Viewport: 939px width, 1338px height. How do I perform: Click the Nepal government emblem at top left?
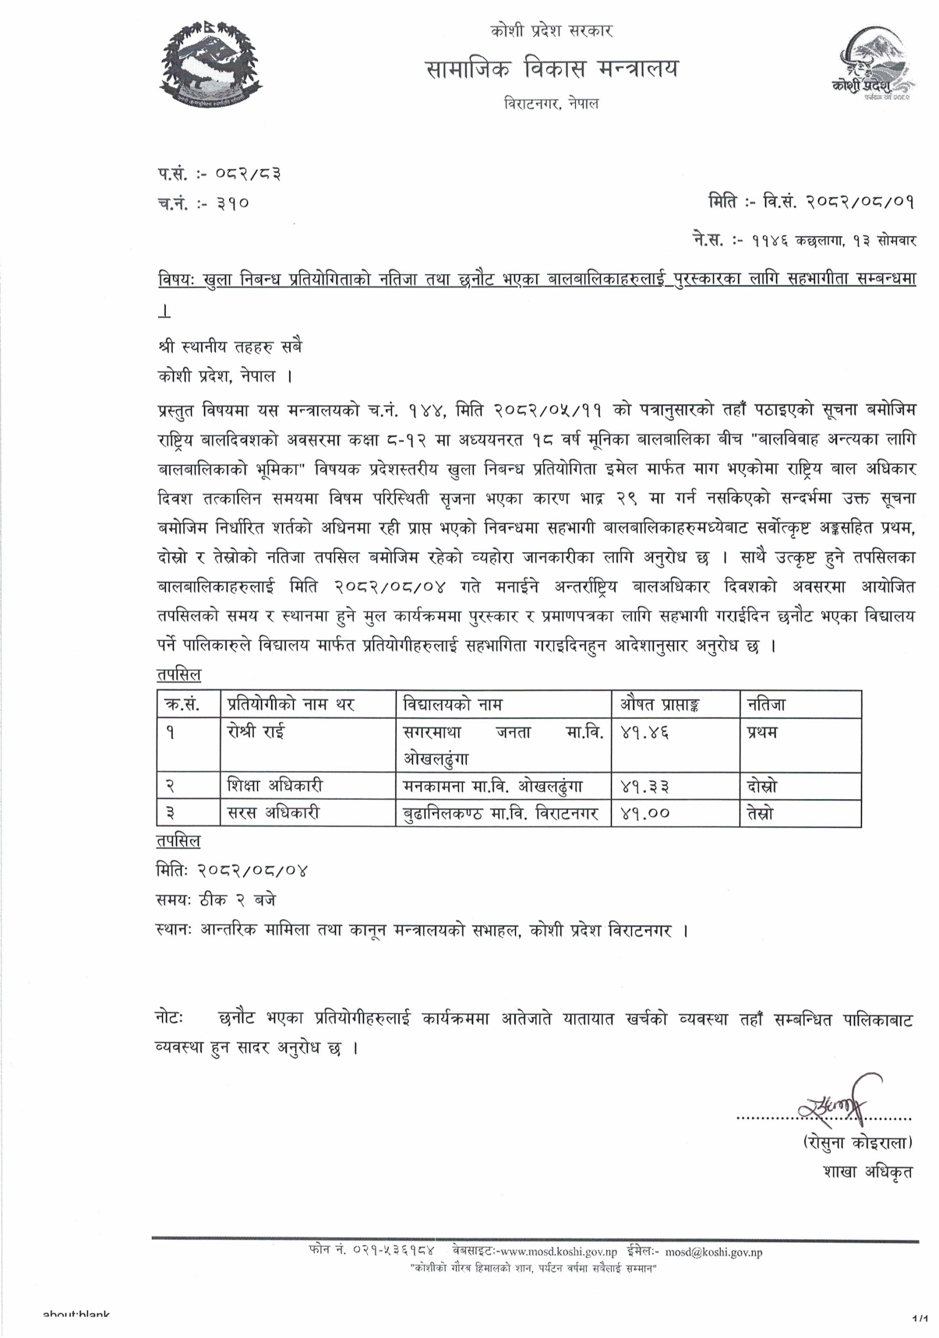(212, 65)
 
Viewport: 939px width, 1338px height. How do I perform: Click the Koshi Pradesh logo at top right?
(870, 69)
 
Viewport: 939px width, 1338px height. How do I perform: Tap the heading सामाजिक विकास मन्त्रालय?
(552, 69)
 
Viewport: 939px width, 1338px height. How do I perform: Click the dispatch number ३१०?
(233, 204)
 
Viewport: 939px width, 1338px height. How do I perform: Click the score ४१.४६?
(645, 733)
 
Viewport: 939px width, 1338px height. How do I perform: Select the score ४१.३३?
(645, 787)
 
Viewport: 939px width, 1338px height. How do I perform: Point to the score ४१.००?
(645, 814)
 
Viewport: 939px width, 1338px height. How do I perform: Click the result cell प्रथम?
(761, 732)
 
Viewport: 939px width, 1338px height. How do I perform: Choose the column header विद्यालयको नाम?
(452, 705)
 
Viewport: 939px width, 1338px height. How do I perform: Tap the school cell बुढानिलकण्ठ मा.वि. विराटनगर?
(500, 814)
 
